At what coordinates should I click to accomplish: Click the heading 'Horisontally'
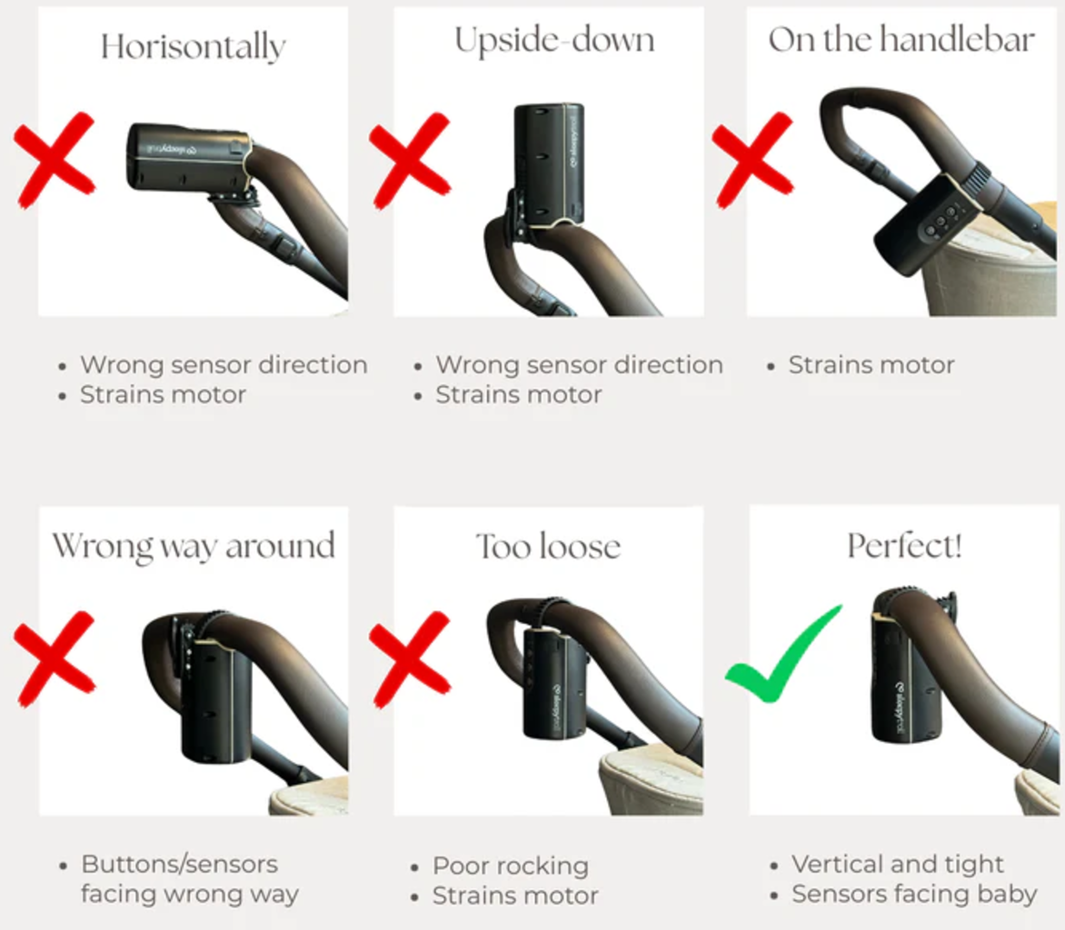194,47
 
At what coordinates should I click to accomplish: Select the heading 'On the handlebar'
901,39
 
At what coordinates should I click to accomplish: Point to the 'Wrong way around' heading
194,547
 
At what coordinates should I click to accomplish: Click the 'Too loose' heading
548,547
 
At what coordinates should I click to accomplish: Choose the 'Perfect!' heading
904,545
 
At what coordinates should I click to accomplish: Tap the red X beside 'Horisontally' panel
55,160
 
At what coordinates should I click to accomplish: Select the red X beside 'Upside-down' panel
410,160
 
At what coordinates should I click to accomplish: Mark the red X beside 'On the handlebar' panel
752,160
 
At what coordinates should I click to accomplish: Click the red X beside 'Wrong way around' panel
55,658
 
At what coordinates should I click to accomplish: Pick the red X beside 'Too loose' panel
410,658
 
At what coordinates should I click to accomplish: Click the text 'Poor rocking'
511,866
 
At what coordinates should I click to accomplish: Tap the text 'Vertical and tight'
897,864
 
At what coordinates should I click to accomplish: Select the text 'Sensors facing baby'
914,894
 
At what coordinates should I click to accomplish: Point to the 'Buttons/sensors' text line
179,864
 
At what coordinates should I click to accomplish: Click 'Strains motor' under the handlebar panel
871,365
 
